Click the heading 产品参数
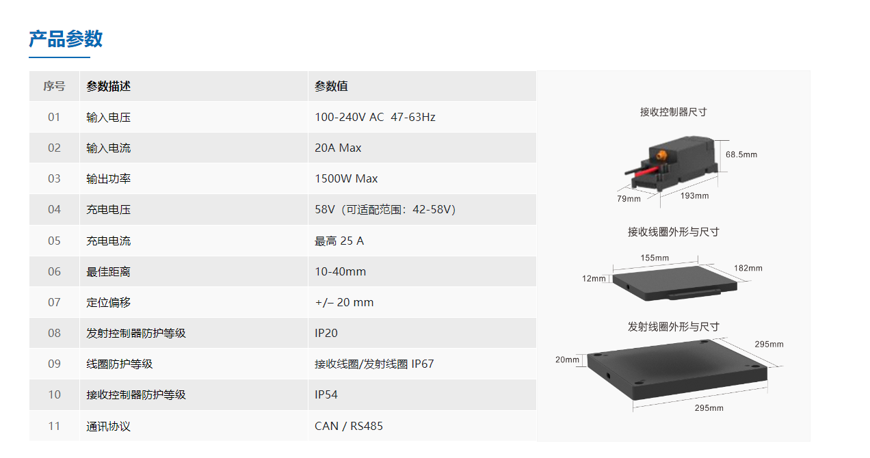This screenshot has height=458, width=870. [66, 39]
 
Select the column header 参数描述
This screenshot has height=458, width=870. [108, 86]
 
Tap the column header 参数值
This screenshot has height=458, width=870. [331, 86]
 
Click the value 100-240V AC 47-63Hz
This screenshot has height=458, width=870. [375, 117]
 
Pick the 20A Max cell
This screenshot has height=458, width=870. [338, 148]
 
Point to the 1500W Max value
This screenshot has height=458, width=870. [346, 178]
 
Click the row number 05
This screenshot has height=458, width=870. [54, 241]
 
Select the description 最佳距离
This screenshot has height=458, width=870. [108, 271]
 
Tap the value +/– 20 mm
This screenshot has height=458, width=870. [344, 302]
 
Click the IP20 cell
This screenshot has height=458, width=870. [326, 333]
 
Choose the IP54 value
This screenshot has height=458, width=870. [326, 394]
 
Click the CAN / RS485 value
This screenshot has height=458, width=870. [348, 426]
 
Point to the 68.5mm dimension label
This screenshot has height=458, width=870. [741, 154]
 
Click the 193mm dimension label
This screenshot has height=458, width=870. [694, 196]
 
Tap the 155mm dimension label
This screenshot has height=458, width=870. [655, 258]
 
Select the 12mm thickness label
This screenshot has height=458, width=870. [594, 278]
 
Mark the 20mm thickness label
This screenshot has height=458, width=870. [567, 360]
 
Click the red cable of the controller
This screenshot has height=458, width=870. [646, 171]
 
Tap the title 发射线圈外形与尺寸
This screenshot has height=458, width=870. [674, 327]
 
